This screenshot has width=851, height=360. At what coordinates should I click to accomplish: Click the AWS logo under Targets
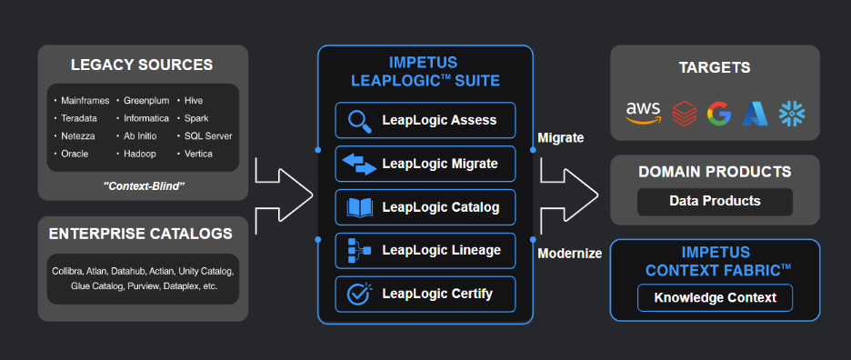643,114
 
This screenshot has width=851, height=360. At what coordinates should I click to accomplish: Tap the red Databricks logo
684,114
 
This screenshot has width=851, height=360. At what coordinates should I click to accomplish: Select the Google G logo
719,114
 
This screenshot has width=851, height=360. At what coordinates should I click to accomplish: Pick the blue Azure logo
755,114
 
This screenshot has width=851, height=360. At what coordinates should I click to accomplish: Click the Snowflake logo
792,114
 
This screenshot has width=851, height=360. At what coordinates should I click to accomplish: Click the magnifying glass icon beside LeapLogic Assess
359,121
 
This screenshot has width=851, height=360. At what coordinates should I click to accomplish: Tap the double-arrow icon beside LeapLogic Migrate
359,164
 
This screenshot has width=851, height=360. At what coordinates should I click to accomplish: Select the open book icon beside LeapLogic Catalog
359,207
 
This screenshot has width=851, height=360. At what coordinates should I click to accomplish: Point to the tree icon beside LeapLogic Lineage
359,251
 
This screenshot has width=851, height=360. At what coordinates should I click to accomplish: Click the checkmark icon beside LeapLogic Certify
359,294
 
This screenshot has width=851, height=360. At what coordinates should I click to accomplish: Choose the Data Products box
715,202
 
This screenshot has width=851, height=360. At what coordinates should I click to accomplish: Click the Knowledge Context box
715,298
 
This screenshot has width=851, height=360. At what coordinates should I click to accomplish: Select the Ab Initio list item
140,135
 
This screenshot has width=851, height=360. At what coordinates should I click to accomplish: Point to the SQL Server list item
208,135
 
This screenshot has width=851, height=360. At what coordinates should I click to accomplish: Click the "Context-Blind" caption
144,186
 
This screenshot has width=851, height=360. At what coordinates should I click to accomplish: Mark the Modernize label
569,254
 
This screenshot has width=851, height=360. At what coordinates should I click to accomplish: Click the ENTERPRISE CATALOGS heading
141,234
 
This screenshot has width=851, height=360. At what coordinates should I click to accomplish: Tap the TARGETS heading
715,68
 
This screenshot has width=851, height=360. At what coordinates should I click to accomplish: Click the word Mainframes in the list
85,101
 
